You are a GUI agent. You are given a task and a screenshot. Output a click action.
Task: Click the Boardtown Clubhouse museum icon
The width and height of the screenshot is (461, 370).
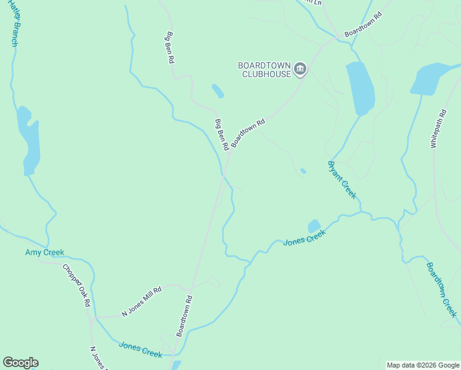click(300, 68)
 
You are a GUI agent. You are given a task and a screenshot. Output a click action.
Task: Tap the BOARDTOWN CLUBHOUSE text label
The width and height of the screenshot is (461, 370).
click(266, 69)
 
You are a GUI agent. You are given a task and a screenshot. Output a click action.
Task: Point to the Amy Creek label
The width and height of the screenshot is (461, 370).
click(44, 252)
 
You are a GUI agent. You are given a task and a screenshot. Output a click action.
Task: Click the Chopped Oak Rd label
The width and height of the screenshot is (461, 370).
click(77, 286)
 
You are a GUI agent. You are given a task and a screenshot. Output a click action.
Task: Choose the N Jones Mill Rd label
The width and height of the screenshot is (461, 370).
click(142, 302)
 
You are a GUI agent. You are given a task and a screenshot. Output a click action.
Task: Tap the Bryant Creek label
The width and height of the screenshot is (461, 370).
click(342, 179)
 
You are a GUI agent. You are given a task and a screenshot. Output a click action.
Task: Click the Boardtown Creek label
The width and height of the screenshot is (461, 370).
click(442, 289)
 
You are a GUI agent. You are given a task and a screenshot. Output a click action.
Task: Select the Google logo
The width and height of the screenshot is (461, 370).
click(20, 363)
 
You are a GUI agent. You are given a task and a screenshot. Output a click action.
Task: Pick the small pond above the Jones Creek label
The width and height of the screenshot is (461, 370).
click(314, 226)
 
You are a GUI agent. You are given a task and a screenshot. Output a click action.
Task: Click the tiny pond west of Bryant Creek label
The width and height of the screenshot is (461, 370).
click(303, 171)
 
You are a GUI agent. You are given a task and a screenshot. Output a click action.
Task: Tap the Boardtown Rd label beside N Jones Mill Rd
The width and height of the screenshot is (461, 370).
click(185, 316)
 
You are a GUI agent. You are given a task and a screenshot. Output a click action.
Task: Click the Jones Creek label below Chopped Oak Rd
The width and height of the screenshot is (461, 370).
click(141, 350)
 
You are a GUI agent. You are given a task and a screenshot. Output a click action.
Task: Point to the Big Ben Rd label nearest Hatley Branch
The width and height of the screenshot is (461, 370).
click(169, 48)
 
